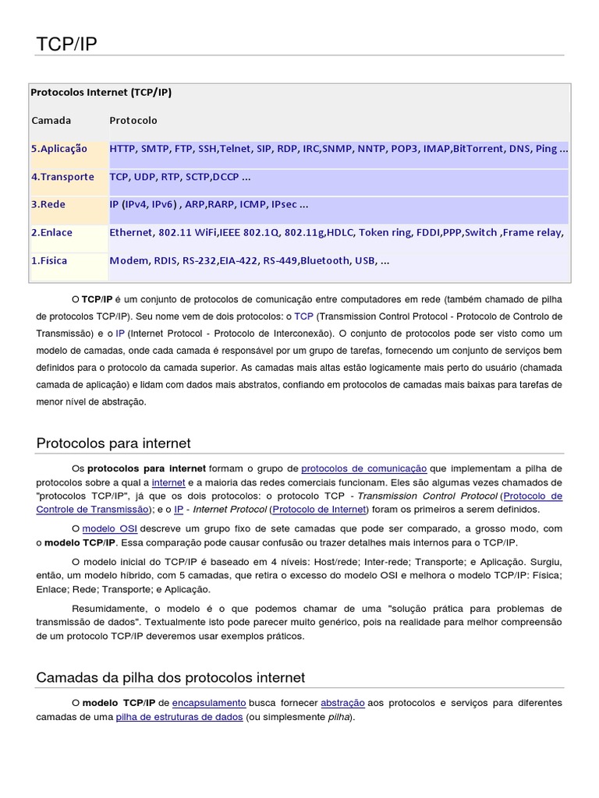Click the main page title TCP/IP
[x=67, y=44]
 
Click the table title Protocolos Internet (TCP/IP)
[x=101, y=92]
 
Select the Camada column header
[x=51, y=120]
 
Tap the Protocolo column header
[x=133, y=120]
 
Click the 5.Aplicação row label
[x=59, y=148]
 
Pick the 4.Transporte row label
[x=62, y=176]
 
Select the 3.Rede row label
[x=48, y=204]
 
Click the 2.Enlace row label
[x=53, y=232]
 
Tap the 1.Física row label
[x=49, y=260]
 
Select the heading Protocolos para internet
[x=114, y=443]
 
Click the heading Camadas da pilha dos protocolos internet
[x=171, y=677]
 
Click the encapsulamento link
[x=209, y=703]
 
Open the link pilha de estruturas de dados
[x=179, y=717]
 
